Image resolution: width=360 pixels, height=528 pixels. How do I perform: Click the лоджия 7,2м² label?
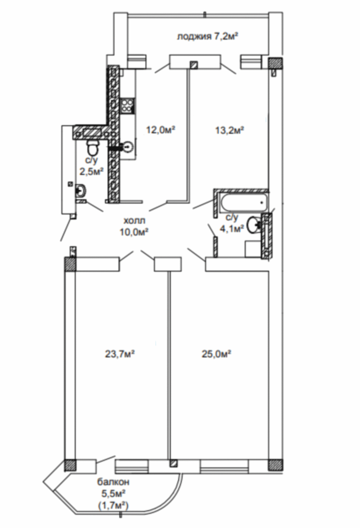[x=207, y=37]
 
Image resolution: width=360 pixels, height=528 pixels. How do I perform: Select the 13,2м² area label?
[x=229, y=130]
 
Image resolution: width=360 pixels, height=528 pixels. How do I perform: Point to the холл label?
[x=134, y=221]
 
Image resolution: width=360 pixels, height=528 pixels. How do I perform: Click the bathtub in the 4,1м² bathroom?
[x=244, y=202]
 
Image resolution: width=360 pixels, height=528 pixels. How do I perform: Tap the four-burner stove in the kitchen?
[x=127, y=106]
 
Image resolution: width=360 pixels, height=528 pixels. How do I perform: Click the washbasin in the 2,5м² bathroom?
[x=81, y=190]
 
